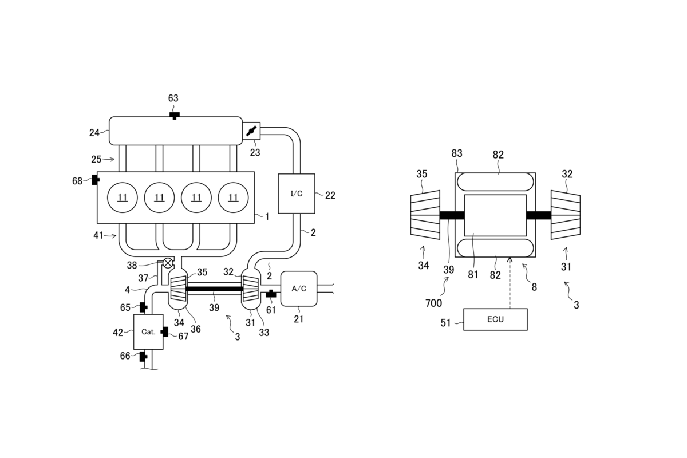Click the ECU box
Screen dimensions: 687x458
(495, 319)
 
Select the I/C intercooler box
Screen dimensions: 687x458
(297, 194)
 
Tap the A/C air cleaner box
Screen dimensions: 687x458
(299, 289)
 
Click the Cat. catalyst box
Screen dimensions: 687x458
(148, 331)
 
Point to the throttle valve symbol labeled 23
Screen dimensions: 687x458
(251, 131)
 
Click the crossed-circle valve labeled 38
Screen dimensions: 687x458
(167, 263)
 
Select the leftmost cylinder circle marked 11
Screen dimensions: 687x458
(123, 198)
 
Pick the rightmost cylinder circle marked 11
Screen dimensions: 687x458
(233, 198)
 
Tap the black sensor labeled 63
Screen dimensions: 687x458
(175, 116)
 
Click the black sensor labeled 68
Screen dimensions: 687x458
(96, 180)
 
